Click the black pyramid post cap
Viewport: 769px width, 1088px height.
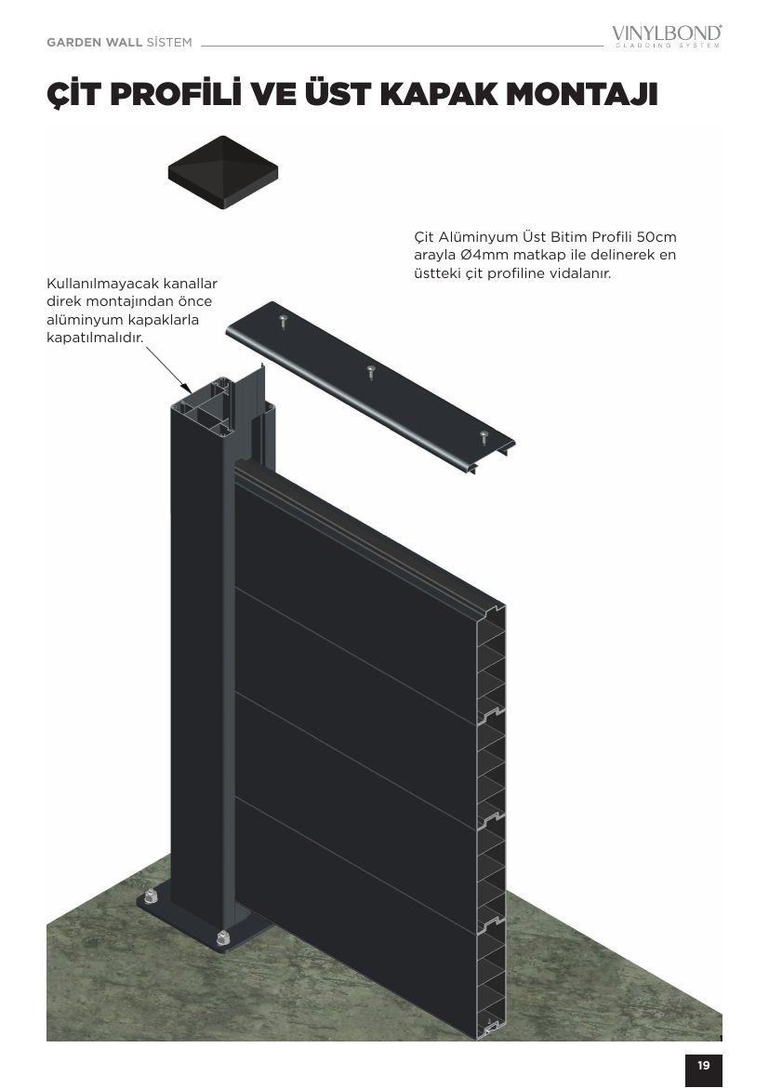tap(223, 171)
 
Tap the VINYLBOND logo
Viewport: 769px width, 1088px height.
tap(667, 35)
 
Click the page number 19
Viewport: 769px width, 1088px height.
tap(704, 1065)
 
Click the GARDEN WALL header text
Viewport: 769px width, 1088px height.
tap(95, 43)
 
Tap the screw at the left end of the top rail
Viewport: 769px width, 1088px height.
tap(283, 321)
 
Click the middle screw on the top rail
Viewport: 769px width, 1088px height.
tap(371, 371)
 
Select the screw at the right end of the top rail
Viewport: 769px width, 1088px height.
tap(484, 436)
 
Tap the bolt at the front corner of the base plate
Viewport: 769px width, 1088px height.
tap(223, 937)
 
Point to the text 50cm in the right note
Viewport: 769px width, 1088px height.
tap(656, 237)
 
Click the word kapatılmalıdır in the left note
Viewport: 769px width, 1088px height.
tap(95, 338)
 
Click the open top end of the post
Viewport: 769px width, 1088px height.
tap(223, 395)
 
